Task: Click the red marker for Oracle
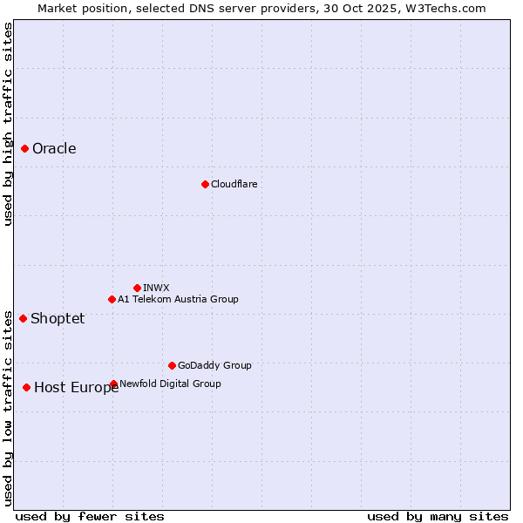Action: coord(25,148)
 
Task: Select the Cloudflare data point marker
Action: coord(205,184)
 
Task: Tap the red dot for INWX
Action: coord(137,288)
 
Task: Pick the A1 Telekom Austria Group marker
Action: coord(112,299)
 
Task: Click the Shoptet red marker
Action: coord(23,318)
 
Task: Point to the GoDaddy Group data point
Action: coord(172,365)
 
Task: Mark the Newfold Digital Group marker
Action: coord(113,384)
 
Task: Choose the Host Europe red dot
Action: coord(27,387)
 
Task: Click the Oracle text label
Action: coord(54,148)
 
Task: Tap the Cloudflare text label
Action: coord(234,184)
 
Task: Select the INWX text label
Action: coord(156,288)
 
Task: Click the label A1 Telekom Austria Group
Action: coord(178,299)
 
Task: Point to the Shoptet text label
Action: coord(58,318)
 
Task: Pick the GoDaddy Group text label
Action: coord(214,365)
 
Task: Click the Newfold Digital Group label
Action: coord(170,384)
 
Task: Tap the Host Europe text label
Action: coord(77,388)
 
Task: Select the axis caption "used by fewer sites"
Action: coord(90,516)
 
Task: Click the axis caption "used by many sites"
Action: coord(438,516)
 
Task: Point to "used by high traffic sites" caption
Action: coord(8,124)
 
